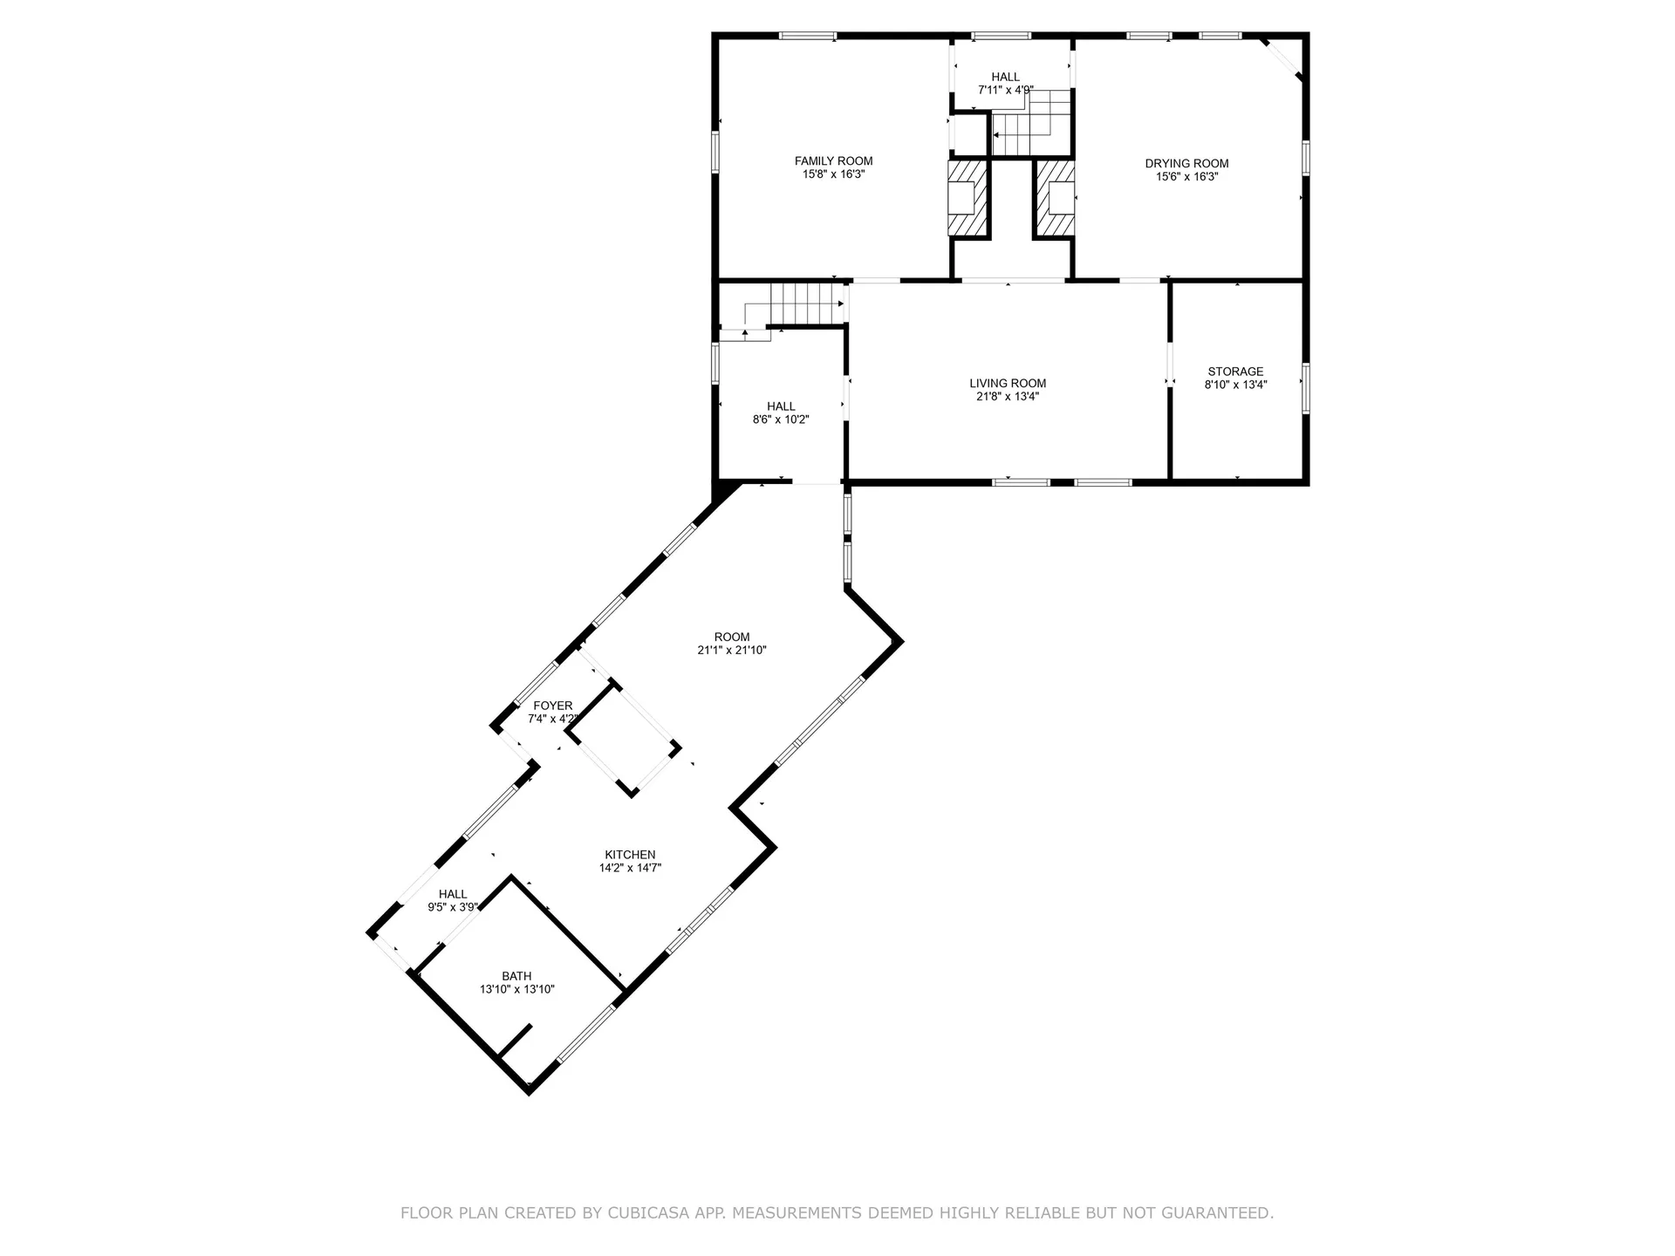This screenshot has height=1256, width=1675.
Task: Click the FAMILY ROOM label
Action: (833, 161)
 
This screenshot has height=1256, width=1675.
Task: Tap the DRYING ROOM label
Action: (1186, 164)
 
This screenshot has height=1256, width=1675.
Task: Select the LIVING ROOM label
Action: (1008, 384)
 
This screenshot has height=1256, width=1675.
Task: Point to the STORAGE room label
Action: (1235, 372)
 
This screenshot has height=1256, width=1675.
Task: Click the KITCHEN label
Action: (630, 855)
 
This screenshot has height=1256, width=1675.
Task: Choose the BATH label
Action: (516, 976)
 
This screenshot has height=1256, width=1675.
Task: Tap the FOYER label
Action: (553, 706)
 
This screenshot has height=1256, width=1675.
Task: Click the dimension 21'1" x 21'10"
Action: (732, 650)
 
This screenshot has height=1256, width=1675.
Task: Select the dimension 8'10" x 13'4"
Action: (1235, 385)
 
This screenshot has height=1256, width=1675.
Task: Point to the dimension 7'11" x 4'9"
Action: (1006, 90)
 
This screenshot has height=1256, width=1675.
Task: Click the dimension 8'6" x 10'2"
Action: (781, 420)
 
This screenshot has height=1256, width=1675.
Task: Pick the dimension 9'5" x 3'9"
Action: (453, 907)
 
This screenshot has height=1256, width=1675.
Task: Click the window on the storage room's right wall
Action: (1305, 386)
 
